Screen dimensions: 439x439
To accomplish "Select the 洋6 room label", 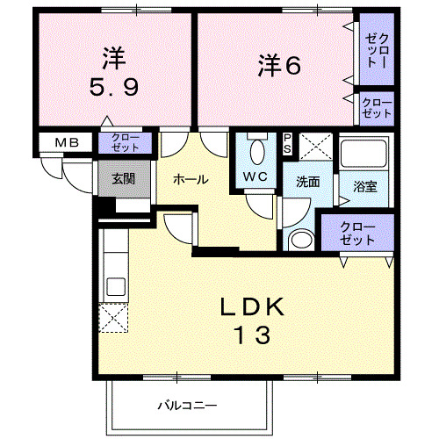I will [x=280, y=65].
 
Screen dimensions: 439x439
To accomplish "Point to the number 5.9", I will [x=112, y=89].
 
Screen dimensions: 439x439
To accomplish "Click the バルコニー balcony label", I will [x=187, y=406].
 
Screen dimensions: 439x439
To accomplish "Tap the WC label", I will [x=255, y=176].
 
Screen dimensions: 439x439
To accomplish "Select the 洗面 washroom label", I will [x=306, y=183].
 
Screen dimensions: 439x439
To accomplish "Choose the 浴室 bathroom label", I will [x=364, y=187].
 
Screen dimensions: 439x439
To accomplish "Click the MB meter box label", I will [x=67, y=142].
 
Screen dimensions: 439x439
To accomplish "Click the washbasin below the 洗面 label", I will [x=301, y=240].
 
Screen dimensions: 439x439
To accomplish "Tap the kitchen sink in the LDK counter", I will [x=114, y=285].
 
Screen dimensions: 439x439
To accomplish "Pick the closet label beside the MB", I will [x=125, y=142].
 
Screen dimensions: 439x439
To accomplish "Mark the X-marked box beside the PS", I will [x=314, y=146].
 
